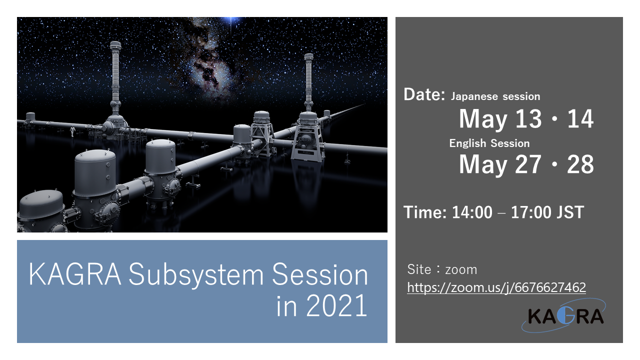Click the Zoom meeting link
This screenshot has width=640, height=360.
[x=496, y=287]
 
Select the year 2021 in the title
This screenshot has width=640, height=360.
[x=336, y=305]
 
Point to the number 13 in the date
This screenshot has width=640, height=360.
[x=528, y=118]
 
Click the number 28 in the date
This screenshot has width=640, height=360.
[x=580, y=164]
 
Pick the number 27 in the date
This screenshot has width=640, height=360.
[x=528, y=164]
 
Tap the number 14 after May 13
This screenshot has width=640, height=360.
[x=580, y=118]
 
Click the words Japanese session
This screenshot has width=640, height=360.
[x=495, y=96]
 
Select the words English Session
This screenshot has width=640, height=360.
[x=489, y=143]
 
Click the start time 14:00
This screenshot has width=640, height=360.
[x=472, y=212]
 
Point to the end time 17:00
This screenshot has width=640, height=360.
[x=531, y=212]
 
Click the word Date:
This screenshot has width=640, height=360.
[x=424, y=94]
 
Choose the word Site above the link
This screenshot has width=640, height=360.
[x=419, y=269]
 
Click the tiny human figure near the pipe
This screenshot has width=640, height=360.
[x=72, y=131]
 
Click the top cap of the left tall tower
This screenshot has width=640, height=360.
[x=115, y=45]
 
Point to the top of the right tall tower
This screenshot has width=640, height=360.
[x=308, y=56]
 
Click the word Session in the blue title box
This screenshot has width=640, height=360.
[x=320, y=274]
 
